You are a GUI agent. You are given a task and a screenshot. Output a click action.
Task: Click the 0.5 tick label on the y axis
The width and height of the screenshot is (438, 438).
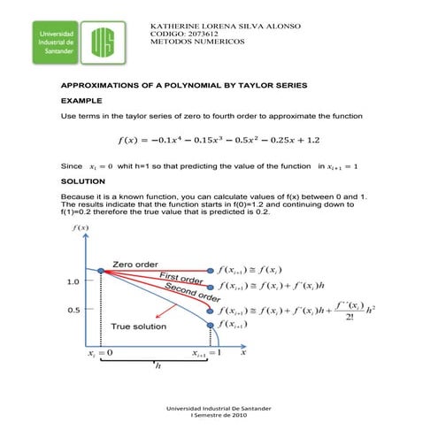pos(74,311)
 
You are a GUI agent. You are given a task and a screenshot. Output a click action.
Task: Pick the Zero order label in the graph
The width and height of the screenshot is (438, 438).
pos(134,264)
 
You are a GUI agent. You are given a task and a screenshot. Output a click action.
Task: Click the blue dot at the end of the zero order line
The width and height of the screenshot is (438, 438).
pos(210,268)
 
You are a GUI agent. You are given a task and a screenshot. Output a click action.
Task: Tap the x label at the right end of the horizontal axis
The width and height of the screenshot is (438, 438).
pos(243,352)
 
